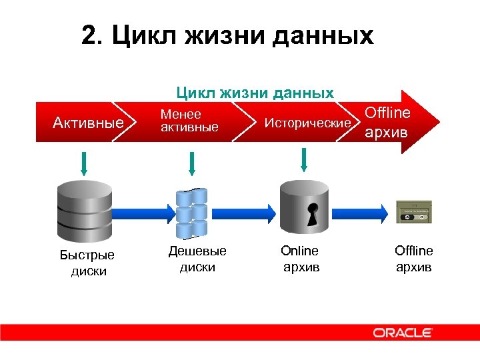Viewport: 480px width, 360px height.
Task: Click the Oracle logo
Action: [x=403, y=332]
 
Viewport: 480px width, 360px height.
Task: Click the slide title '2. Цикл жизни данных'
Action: [x=227, y=36]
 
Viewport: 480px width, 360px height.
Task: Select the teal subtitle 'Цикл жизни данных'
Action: [x=254, y=93]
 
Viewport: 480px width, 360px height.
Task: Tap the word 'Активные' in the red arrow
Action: [x=88, y=123]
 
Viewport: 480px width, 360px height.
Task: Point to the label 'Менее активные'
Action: [x=189, y=121]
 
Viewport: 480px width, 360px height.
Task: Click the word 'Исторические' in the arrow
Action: [x=307, y=123]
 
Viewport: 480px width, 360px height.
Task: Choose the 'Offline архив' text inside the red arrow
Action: [x=387, y=122]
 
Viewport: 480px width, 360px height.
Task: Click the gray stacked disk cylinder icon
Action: [x=83, y=208]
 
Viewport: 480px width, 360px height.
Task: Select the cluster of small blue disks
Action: [x=192, y=213]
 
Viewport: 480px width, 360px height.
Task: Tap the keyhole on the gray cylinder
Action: [x=311, y=212]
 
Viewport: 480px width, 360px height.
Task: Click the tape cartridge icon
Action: [x=415, y=211]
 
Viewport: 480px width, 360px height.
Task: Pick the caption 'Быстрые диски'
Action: [x=87, y=263]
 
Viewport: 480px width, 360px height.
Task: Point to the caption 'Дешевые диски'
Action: [x=197, y=259]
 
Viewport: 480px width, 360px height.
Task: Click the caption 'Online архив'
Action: [x=301, y=259]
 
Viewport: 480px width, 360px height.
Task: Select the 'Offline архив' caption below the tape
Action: [x=413, y=259]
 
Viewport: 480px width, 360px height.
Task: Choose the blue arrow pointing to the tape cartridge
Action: [x=363, y=212]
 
